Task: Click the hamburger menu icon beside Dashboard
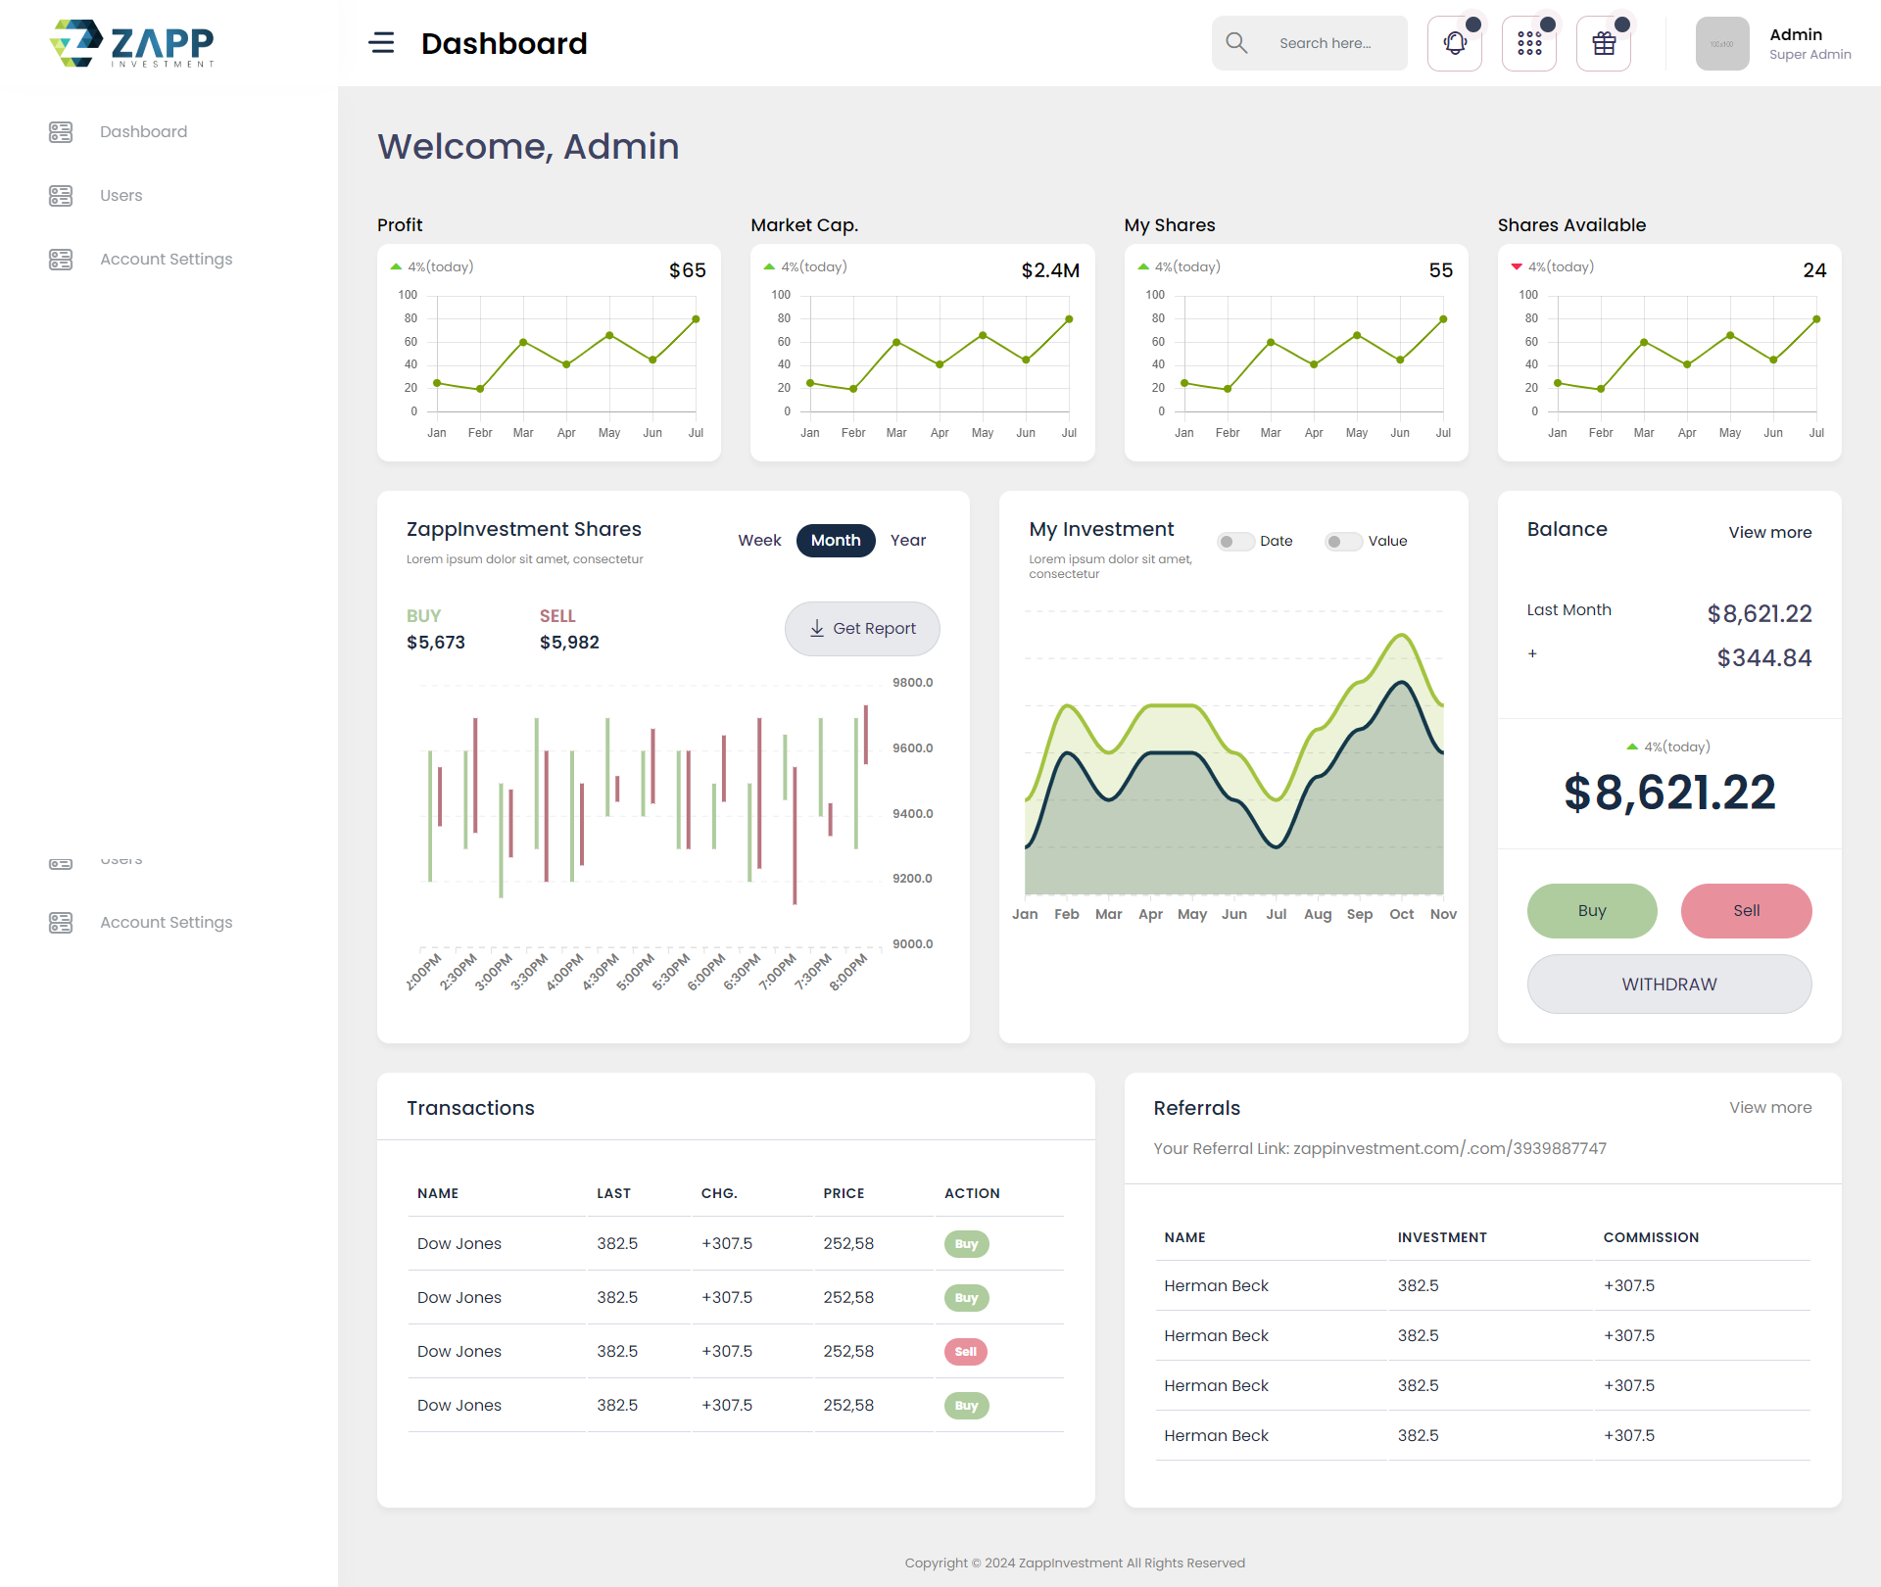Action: tap(381, 43)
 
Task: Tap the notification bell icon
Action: tap(1455, 43)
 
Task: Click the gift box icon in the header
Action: tap(1604, 43)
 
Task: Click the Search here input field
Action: tap(1325, 43)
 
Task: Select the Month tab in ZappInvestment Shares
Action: tap(836, 541)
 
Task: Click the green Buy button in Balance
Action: tap(1592, 911)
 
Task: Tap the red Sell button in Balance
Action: tap(1746, 911)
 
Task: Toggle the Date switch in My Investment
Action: tap(1235, 542)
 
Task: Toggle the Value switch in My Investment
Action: tap(1343, 542)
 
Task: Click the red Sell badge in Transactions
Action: tap(966, 1352)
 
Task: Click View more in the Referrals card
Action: tap(1770, 1108)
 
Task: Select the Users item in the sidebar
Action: tap(121, 196)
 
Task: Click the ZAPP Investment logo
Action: tap(132, 44)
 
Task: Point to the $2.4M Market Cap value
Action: tap(1050, 270)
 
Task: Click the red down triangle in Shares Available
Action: tap(1517, 266)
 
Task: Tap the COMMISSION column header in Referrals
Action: tap(1651, 1237)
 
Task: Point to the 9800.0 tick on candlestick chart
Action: tap(912, 683)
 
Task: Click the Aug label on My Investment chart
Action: tap(1318, 914)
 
